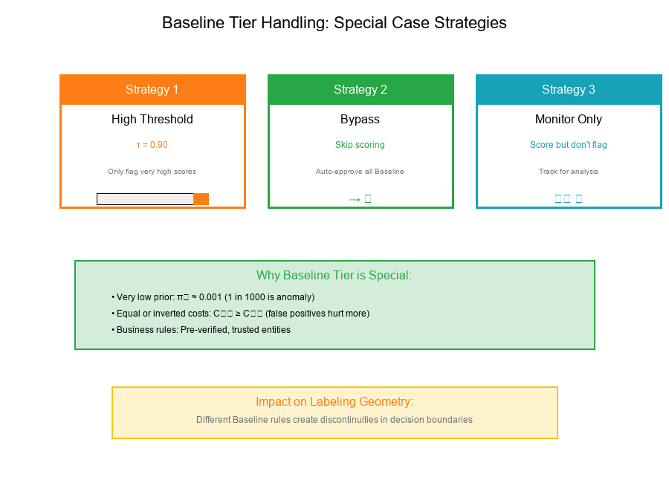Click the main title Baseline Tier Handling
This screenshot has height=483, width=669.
(x=334, y=23)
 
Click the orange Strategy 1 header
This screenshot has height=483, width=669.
(x=152, y=89)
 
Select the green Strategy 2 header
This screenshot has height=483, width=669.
(x=361, y=89)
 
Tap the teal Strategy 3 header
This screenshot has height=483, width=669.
(x=569, y=89)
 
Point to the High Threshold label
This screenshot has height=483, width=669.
(x=152, y=119)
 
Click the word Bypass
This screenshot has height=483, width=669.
(x=361, y=119)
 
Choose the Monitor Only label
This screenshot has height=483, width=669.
(x=569, y=119)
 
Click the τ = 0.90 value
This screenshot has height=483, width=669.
(x=152, y=145)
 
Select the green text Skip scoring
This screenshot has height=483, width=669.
(x=361, y=145)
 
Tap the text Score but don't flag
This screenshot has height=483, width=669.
(x=569, y=145)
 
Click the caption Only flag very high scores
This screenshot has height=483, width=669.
(x=152, y=172)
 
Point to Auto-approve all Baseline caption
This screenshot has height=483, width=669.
(x=361, y=172)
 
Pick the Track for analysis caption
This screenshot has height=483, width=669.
(x=569, y=172)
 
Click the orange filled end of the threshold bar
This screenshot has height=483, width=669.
(x=201, y=199)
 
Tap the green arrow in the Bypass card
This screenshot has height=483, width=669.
(x=355, y=198)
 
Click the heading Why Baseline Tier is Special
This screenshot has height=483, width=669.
(x=334, y=276)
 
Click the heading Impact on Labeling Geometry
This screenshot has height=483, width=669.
(x=334, y=402)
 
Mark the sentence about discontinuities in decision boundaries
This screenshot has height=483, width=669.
(x=334, y=420)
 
